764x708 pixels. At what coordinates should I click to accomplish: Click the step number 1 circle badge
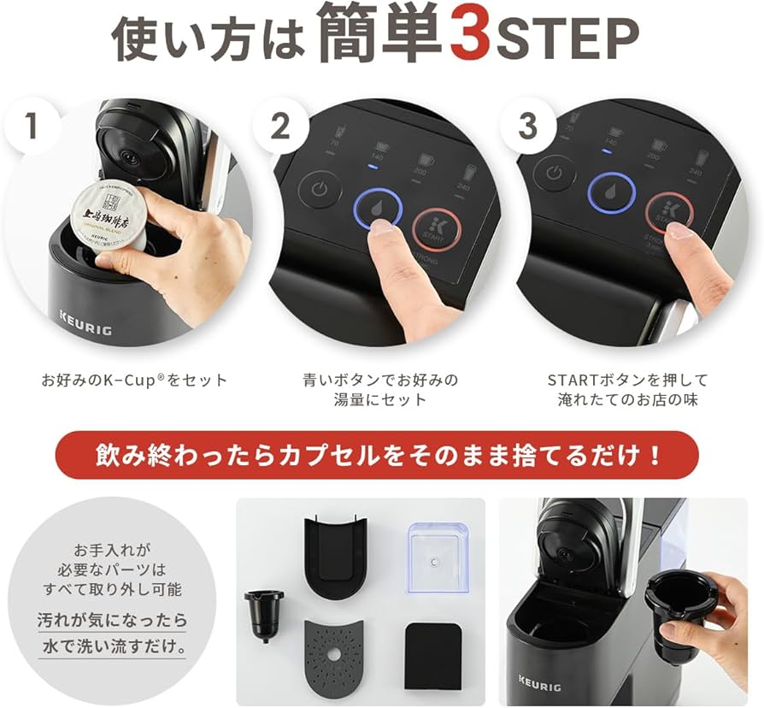32,127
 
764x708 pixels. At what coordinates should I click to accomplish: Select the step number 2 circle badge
281,127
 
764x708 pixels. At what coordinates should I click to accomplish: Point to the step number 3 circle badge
528,127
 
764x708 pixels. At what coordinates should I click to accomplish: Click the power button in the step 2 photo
319,189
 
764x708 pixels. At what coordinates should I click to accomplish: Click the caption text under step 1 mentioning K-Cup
134,380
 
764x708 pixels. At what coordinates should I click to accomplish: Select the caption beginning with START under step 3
627,389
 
